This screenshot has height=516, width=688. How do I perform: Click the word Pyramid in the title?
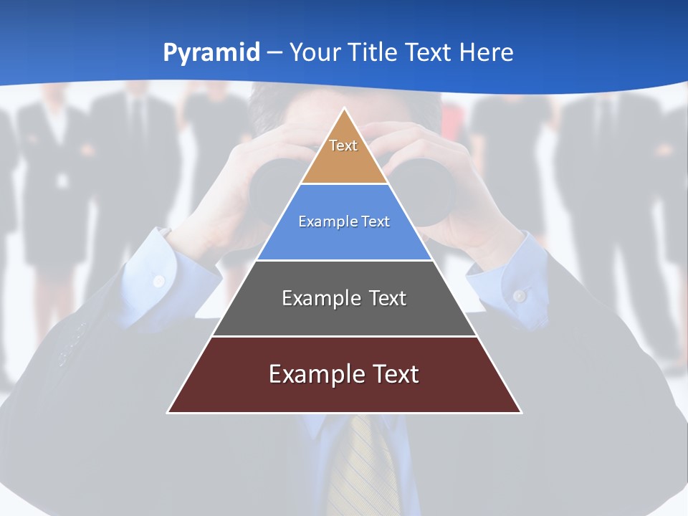[x=211, y=53]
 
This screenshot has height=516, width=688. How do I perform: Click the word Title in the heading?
[x=371, y=53]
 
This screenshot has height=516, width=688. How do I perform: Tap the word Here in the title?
[x=486, y=53]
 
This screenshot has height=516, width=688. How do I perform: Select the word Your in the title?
[x=315, y=53]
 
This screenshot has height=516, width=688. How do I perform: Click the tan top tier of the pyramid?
[x=344, y=154]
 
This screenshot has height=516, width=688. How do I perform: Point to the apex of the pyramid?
[x=344, y=109]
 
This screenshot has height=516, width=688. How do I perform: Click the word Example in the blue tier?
[x=327, y=221]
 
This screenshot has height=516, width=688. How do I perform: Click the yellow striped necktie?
[x=362, y=466]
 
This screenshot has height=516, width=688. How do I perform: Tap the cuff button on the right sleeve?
[x=520, y=295]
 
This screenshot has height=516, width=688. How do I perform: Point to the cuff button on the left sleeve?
[x=159, y=280]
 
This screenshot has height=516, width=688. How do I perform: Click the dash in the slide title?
[x=274, y=53]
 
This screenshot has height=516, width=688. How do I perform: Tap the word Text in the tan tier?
[x=343, y=145]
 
